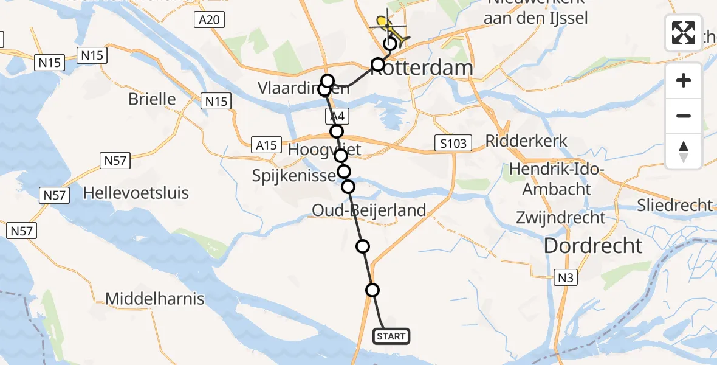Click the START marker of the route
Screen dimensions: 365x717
point(391,336)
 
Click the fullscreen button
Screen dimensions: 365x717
point(684,33)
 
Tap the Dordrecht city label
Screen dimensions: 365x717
point(593,246)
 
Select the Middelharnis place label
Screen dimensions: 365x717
point(155,299)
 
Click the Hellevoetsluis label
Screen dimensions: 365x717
point(136,193)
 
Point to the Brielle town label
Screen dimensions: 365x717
point(152,99)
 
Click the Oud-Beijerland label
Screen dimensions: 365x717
point(368,211)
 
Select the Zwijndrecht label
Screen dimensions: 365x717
point(560,217)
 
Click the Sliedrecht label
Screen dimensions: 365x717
point(674,206)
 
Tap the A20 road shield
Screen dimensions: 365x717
point(209,20)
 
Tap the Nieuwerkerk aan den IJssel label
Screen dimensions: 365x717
point(535,10)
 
